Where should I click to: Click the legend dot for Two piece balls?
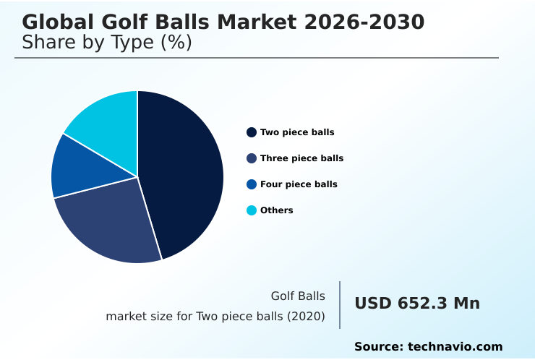point(252,132)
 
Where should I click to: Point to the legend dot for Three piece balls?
point(252,158)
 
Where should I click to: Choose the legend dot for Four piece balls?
point(252,184)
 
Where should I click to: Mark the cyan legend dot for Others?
point(252,210)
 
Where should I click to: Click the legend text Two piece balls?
point(297,132)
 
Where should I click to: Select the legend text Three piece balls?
point(301,158)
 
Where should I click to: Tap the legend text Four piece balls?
point(299,184)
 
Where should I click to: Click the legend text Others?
point(277,210)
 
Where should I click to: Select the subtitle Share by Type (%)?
point(107,43)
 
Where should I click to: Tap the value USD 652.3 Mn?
point(417,304)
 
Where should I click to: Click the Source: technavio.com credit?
point(428,347)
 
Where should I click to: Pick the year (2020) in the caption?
point(309,317)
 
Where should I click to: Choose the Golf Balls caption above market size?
point(298,296)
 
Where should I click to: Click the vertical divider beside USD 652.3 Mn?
point(340,305)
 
